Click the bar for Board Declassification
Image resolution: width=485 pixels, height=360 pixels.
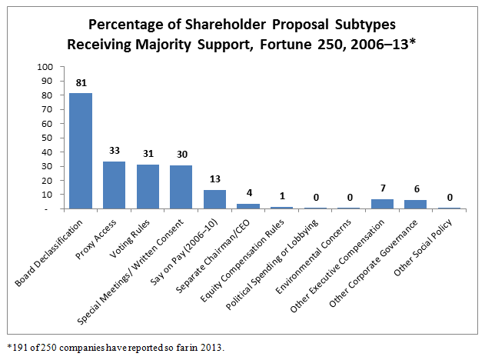[x=81, y=151]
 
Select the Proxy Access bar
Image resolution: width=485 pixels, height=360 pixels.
[x=114, y=185]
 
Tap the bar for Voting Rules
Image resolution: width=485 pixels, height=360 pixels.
[x=148, y=186]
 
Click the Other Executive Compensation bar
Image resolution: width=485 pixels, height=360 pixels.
[x=381, y=204]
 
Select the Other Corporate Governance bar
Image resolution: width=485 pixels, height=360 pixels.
[x=415, y=205]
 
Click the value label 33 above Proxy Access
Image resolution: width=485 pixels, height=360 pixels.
[x=114, y=151]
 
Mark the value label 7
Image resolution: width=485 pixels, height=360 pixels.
[x=381, y=188]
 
